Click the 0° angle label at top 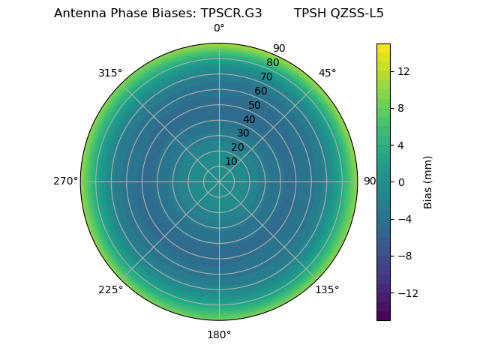(219, 28)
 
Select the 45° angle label (328, 73)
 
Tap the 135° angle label (327, 289)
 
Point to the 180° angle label (219, 334)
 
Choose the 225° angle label (110, 289)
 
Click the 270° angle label (65, 181)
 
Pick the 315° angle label (110, 73)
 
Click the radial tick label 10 (231, 161)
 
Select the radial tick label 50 (255, 105)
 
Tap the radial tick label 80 (272, 62)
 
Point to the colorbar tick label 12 (403, 71)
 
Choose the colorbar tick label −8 (403, 256)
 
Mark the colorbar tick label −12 (406, 292)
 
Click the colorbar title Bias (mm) (428, 181)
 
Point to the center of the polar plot (219, 181)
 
